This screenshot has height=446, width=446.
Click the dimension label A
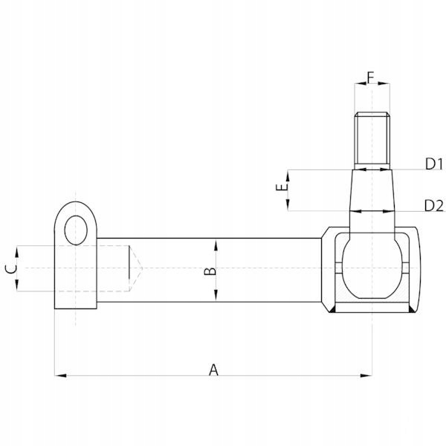point(213,369)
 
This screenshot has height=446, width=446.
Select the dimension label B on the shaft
point(210,271)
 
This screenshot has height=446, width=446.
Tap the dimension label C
point(11,269)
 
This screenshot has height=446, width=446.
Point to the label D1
point(434,164)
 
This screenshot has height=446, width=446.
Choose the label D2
point(434,206)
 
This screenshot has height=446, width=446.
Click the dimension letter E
point(282,187)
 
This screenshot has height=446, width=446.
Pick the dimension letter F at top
point(370,77)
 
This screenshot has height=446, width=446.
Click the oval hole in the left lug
point(76,230)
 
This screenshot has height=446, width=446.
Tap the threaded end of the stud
point(372,140)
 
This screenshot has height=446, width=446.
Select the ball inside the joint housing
point(372,268)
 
